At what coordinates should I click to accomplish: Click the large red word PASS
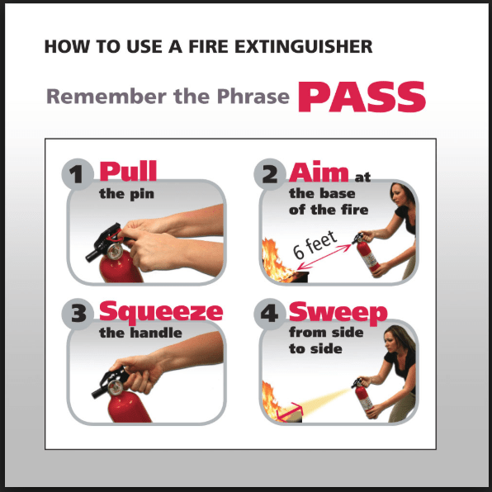362,97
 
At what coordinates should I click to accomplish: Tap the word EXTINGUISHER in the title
304,46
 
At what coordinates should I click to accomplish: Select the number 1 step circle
78,174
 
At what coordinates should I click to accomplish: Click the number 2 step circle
270,174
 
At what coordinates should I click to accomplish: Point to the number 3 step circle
78,314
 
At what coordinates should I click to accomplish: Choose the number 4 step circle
270,314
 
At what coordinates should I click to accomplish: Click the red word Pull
128,171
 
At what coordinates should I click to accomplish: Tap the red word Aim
319,172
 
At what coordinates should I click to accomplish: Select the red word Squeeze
161,312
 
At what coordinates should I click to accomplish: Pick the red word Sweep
338,313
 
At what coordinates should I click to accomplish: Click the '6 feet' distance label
315,245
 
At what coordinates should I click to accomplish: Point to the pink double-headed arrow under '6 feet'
324,257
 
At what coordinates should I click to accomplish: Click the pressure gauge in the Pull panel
115,251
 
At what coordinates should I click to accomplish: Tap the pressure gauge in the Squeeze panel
115,387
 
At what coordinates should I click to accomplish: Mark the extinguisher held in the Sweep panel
364,396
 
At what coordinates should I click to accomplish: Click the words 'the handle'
140,333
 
